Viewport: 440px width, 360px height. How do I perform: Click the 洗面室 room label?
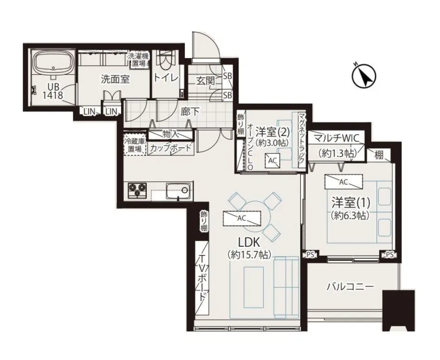(115, 80)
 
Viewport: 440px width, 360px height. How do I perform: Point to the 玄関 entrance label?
(206, 81)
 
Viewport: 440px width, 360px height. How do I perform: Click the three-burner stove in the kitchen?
(137, 190)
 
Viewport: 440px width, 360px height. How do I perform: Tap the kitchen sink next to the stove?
(178, 192)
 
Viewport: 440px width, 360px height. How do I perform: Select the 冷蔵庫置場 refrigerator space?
(135, 144)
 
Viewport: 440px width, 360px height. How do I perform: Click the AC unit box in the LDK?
(242, 219)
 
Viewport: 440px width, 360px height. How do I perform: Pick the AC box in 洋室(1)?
(344, 182)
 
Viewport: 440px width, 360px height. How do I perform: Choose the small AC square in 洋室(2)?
(272, 161)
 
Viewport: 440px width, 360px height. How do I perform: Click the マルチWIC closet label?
(336, 138)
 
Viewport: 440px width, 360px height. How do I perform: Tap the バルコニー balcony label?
(350, 287)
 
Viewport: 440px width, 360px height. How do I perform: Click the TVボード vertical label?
(203, 281)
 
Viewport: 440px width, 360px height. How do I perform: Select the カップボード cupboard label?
(170, 148)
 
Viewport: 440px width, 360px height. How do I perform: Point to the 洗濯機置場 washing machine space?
(139, 60)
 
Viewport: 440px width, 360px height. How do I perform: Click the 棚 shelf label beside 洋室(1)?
(379, 155)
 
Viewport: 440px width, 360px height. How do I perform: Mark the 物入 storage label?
(171, 134)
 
